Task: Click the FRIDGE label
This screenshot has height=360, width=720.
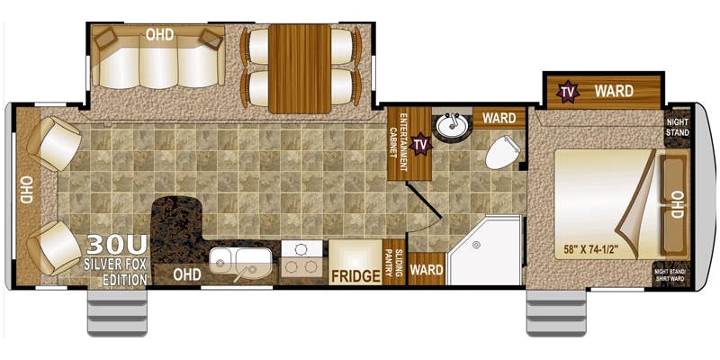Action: [x=355, y=275]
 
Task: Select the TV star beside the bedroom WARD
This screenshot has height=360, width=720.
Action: [x=568, y=90]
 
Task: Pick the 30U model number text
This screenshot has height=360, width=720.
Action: [x=115, y=246]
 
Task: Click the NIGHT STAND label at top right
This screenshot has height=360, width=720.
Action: [x=678, y=127]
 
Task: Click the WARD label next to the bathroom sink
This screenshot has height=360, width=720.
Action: [x=498, y=118]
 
